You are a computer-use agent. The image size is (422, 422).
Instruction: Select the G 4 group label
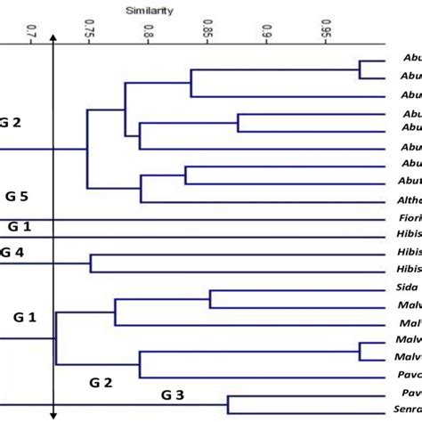[x=12, y=253]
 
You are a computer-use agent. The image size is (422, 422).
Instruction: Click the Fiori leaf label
[x=409, y=218]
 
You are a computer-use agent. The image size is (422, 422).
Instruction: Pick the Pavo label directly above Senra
[x=409, y=392]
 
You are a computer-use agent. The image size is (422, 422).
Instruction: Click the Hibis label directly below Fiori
[x=409, y=236]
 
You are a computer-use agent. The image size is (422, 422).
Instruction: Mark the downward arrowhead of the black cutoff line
[x=55, y=413]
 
